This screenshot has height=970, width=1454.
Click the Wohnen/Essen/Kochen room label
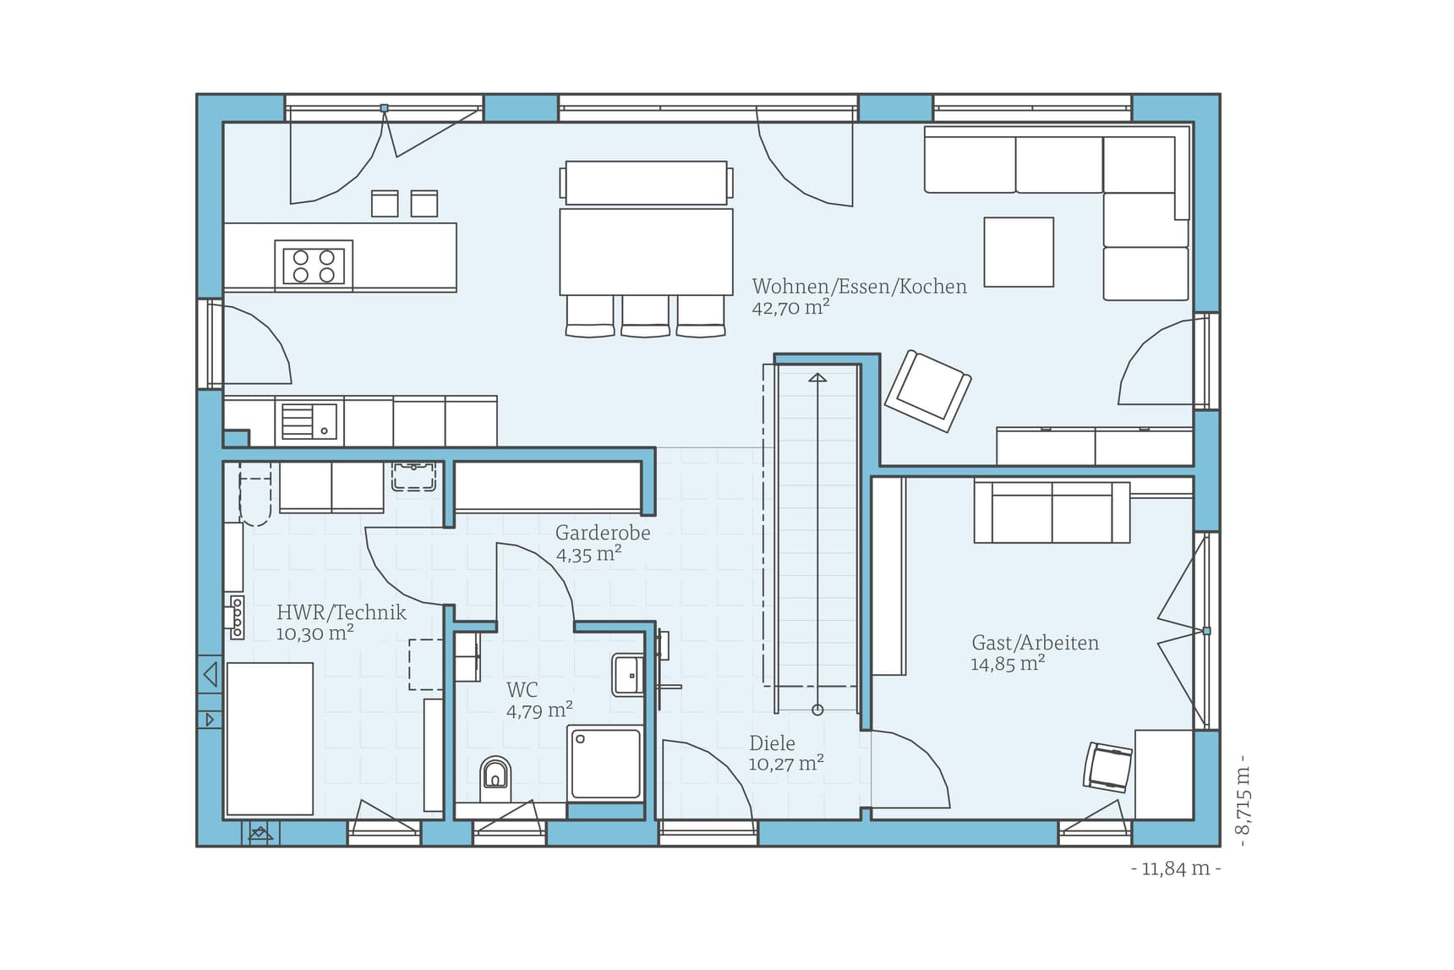coord(859,287)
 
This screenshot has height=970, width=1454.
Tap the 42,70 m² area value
coord(790,308)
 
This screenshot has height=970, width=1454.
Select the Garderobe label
coord(603,533)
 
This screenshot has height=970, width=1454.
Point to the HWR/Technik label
coord(341,612)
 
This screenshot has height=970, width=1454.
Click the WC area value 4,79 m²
coord(539,710)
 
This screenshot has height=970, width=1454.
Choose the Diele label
coord(772,743)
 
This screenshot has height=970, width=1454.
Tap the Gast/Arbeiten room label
coord(1035,643)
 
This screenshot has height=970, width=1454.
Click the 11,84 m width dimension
coord(1176,869)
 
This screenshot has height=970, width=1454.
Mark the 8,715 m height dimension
coord(1242,801)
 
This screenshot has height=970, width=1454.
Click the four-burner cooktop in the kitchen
coord(314,266)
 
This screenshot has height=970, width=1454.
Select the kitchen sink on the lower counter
coord(309,420)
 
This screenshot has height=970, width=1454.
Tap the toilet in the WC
coord(495,776)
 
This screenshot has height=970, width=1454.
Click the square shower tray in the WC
coord(605,764)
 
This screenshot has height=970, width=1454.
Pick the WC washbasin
coord(627,675)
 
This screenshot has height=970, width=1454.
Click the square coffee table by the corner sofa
coord(1019,252)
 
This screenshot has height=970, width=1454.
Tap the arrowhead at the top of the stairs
coord(817,377)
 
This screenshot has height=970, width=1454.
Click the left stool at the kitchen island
coord(385,204)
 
